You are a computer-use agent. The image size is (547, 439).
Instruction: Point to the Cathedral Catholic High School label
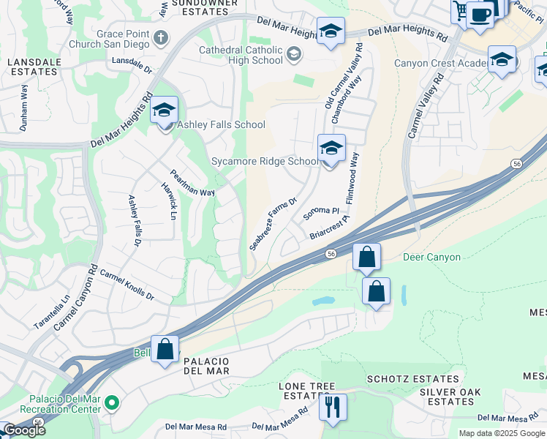[241, 55]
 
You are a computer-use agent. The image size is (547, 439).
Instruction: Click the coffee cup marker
[479, 14]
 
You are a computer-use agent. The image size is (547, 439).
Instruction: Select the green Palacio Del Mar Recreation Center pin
[111, 402]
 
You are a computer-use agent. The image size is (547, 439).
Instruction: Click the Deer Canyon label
[432, 258]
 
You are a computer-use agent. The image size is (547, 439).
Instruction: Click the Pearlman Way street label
[192, 183]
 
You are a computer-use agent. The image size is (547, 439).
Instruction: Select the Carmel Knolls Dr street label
[127, 285]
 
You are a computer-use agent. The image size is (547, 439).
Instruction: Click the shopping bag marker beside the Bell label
[165, 349]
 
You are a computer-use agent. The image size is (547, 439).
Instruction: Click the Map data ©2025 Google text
[501, 433]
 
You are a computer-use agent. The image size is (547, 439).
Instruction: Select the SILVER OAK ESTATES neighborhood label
[450, 397]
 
